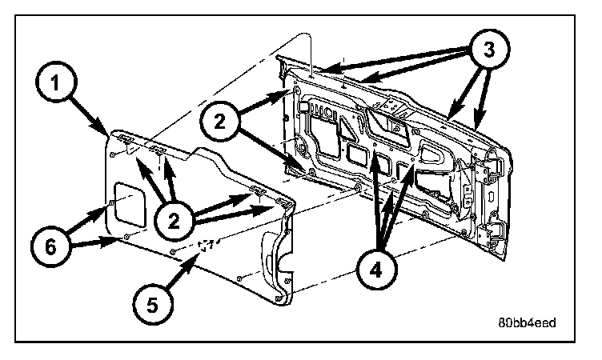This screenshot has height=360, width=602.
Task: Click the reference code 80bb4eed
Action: (525, 322)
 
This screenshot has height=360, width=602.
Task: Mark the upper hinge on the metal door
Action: (490, 166)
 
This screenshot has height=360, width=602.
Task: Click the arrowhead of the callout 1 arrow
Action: (110, 132)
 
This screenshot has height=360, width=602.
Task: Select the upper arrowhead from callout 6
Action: (107, 210)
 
